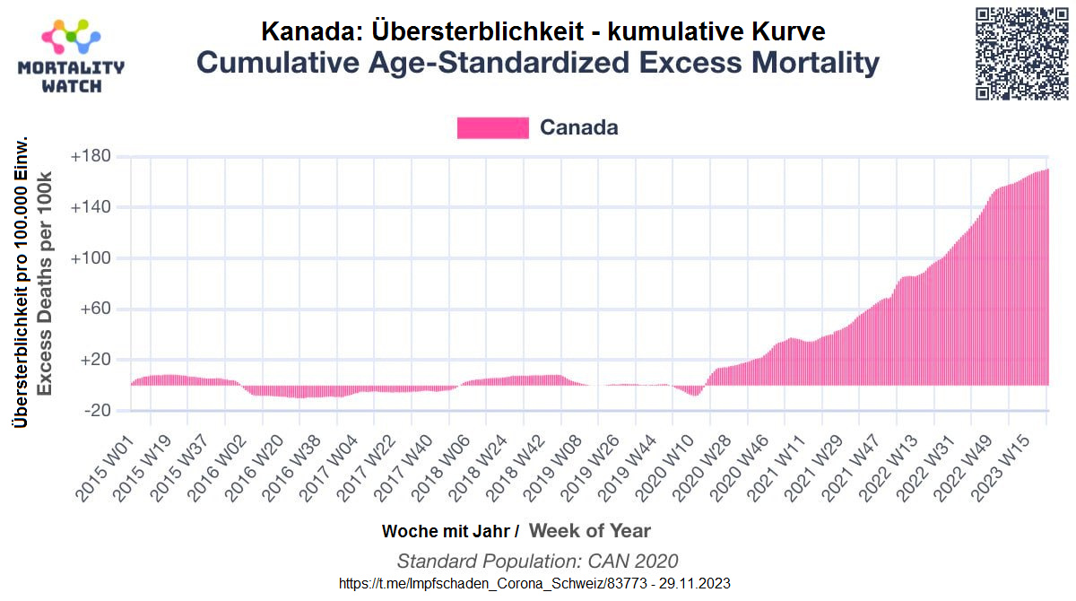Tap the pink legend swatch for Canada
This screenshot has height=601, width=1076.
(492, 127)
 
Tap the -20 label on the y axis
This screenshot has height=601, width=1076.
(97, 411)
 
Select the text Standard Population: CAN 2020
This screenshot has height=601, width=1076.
(537, 562)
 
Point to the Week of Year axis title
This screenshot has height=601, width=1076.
(590, 530)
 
